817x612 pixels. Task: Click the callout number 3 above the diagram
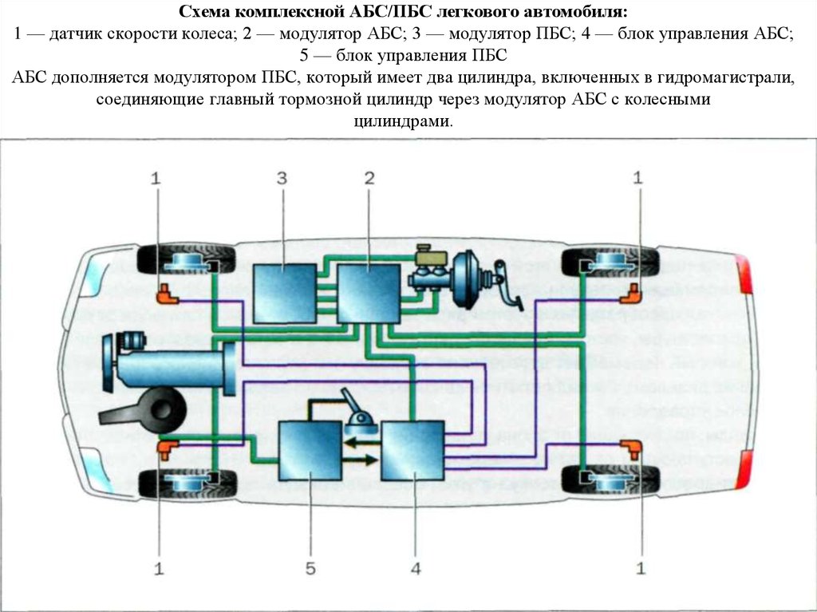tap(282, 179)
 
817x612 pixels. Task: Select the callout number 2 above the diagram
tap(369, 179)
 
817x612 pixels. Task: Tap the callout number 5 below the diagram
tap(310, 568)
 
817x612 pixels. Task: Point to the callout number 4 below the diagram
tap(415, 568)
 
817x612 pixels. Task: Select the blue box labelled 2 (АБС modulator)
tap(368, 293)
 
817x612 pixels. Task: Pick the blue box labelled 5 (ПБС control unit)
tap(310, 451)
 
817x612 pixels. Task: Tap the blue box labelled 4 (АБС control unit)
tap(412, 451)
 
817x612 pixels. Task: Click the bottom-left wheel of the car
tap(187, 483)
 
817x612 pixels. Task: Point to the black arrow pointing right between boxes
tap(361, 460)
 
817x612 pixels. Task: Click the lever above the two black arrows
tap(354, 406)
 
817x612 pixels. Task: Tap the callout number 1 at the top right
tap(637, 179)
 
